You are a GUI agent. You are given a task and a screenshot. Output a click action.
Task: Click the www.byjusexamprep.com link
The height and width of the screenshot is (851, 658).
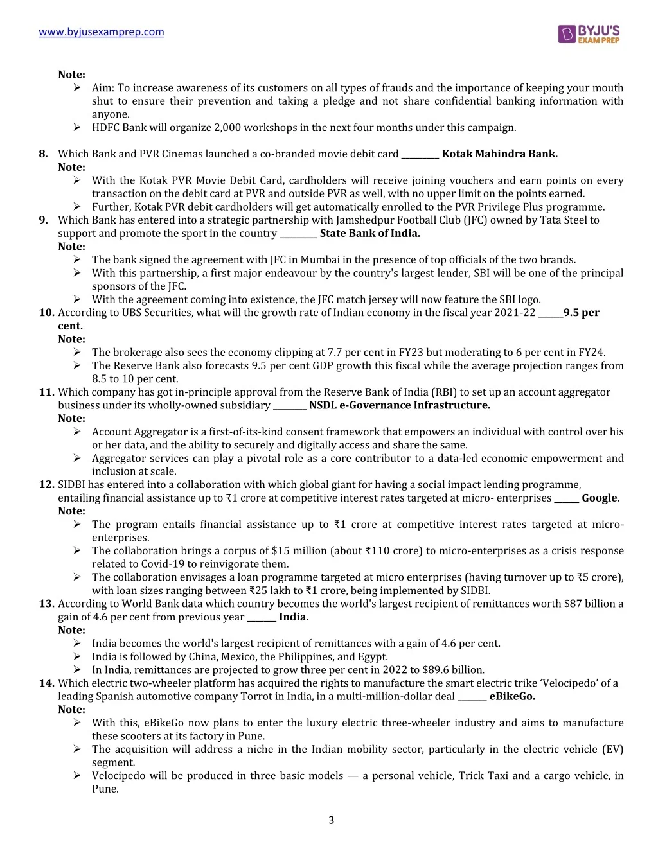pos(102,32)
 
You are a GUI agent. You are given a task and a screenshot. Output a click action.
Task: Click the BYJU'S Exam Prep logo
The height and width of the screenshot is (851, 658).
pos(589,34)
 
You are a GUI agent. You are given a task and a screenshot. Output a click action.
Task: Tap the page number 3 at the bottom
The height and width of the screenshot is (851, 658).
pos(331,820)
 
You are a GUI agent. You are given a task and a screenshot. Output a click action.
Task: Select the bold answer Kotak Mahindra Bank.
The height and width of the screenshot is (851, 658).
pos(499,154)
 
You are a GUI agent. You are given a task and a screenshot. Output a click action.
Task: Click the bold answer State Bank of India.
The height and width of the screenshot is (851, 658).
pos(369,234)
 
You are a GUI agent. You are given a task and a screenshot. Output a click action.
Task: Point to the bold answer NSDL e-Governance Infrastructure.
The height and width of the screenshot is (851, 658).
pos(399,405)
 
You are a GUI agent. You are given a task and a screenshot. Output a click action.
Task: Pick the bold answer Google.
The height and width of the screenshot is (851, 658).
pos(600,498)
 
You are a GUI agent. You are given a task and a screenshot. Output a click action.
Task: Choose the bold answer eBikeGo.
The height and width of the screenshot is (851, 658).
pos(511,696)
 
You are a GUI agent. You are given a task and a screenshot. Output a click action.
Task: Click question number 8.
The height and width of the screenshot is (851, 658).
pos(44,154)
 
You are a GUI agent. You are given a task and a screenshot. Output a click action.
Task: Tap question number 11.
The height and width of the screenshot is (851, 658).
pos(46,392)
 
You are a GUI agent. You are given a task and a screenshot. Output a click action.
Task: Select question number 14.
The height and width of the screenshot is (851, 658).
pos(46,683)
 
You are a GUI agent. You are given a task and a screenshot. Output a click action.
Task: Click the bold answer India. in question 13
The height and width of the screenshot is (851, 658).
pos(293,617)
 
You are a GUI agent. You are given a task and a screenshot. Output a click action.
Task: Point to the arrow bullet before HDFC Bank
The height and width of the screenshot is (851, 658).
pos(77,128)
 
